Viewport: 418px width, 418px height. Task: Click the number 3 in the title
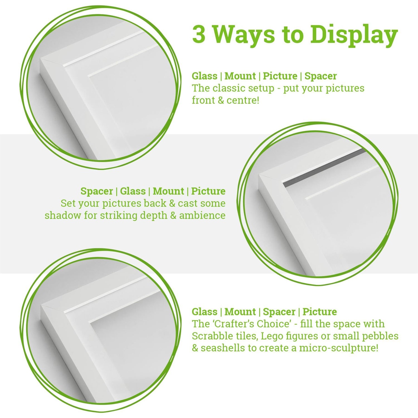point(198,35)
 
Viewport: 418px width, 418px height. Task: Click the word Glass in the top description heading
point(205,76)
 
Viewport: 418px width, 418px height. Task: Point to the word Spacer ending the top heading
point(320,76)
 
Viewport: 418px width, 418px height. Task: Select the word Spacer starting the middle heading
point(96,191)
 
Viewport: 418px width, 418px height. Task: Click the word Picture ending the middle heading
point(208,191)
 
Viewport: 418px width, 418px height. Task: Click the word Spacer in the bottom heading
point(279,312)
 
